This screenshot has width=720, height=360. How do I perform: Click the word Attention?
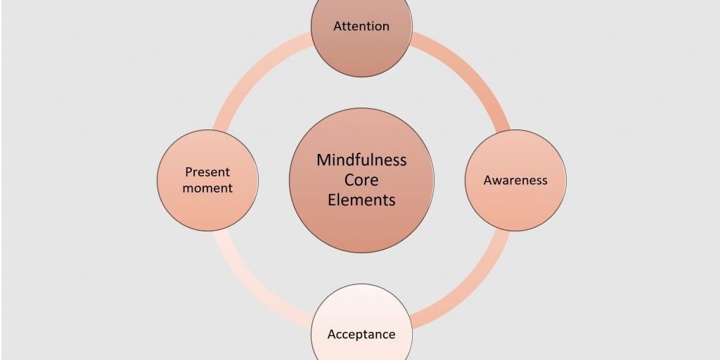coord(361,27)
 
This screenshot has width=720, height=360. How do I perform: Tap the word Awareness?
coord(515,181)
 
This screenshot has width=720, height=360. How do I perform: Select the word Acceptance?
coord(361,335)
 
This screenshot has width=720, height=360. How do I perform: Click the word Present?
coord(207,172)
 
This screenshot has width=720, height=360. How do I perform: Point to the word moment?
coord(207,188)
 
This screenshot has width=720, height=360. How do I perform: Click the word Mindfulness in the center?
coord(361,160)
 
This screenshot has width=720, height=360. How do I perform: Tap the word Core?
coord(361,180)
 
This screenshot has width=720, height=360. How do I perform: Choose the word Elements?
coord(361,200)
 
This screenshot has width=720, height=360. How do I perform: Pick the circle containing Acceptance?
coord(361,309)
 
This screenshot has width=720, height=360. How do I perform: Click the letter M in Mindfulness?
coord(323,160)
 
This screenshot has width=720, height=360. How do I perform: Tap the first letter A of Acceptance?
coord(332,335)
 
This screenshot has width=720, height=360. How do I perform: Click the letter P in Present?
coord(188,172)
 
